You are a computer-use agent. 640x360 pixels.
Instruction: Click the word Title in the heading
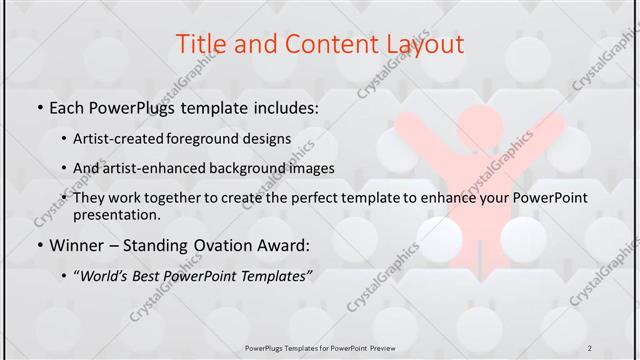click(200, 44)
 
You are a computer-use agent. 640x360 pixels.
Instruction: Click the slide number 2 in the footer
click(591, 347)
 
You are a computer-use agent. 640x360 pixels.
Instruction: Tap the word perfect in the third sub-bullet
click(285, 198)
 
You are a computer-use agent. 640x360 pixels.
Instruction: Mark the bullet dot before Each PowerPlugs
click(39, 107)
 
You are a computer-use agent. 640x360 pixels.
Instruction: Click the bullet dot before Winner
click(39, 244)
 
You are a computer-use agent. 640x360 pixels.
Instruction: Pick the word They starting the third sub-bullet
click(89, 198)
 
